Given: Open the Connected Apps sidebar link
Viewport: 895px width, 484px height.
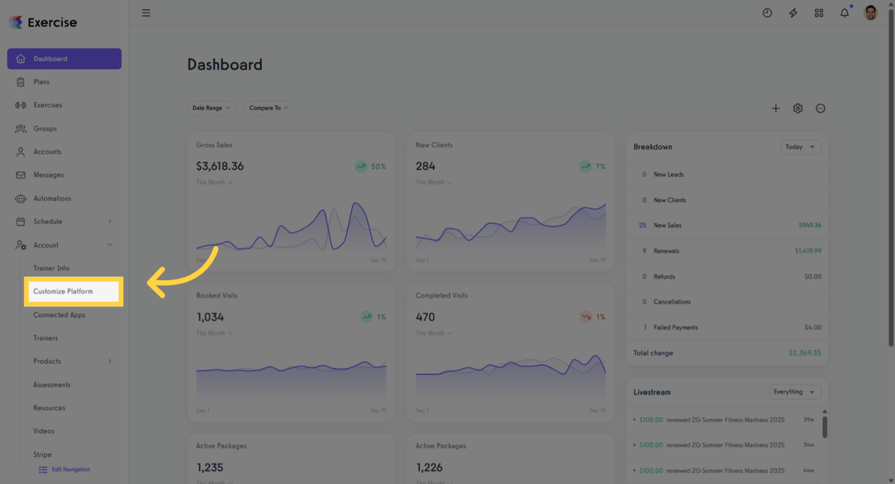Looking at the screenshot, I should point(59,315).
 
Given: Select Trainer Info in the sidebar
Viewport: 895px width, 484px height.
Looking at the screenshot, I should point(51,268).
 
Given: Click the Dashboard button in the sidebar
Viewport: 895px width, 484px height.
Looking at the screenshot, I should point(64,58).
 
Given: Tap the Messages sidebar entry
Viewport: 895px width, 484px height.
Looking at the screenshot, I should point(48,175).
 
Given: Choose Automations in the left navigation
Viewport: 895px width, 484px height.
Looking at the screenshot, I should point(52,198).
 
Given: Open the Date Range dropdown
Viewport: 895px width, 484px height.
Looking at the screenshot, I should point(211,108).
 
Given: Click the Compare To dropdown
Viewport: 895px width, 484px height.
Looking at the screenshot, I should point(269,108).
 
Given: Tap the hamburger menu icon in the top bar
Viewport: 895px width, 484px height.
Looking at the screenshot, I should point(146,13).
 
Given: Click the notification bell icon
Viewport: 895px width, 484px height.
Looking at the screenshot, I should point(845,13).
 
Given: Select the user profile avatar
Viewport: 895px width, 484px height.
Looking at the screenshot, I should point(870,13).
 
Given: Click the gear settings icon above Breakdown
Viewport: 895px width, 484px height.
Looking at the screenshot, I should point(797,109).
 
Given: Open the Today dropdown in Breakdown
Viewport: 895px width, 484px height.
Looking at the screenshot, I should point(801,147).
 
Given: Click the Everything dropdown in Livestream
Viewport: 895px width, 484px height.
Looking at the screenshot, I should point(794,392).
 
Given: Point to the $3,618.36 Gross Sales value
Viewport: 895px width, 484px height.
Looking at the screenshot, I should point(220,167).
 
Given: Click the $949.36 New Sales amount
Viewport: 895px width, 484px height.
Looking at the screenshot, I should point(809,226).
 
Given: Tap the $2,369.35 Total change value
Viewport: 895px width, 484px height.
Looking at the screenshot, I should point(805,353).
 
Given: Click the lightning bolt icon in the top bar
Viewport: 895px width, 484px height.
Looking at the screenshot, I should point(793,13).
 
